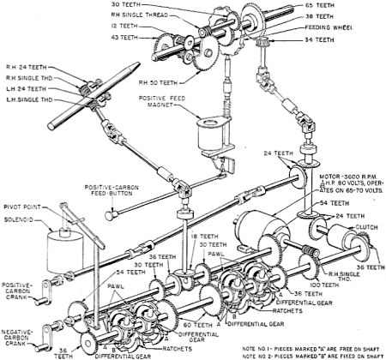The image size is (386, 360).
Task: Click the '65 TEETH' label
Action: (x=352, y=6)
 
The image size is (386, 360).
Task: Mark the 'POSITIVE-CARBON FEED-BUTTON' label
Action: (x=130, y=190)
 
